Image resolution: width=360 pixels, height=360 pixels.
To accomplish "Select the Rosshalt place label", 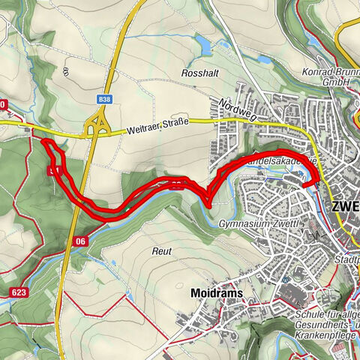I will [199, 73].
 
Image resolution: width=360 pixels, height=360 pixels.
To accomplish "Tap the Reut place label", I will [162, 250].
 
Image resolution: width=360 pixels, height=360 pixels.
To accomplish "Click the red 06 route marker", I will [80, 241].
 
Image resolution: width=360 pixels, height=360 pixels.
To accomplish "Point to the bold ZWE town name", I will [344, 206].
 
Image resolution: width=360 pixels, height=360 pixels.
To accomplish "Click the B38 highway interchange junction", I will [97, 126].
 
